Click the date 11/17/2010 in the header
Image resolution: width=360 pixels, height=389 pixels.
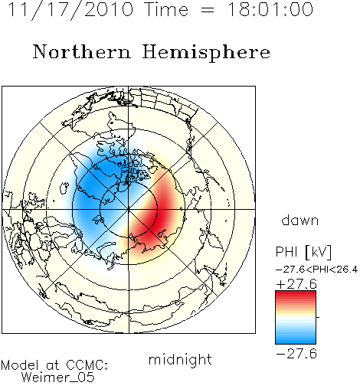coord(71,9)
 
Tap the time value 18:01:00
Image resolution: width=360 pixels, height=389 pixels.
coord(270,9)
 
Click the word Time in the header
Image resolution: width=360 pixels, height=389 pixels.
coord(166,9)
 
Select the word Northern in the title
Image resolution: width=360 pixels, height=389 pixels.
coord(82,51)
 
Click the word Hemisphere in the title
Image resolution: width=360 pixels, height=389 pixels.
coord(206,53)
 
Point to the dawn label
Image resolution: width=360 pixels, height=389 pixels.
coord(300,220)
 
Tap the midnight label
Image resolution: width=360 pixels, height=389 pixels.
coord(180,360)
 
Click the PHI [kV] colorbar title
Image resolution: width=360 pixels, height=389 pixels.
coord(303,252)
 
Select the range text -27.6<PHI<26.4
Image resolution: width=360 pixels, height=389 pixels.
coord(316,270)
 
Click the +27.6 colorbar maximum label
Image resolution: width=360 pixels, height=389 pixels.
coord(296,284)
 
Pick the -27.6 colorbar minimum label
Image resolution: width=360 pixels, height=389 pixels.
coord(296,354)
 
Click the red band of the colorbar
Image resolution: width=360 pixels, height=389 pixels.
coord(296,297)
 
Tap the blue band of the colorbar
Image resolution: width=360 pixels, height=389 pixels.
coord(296,337)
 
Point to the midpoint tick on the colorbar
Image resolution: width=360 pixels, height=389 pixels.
coord(318,317)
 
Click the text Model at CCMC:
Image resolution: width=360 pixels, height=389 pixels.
coord(54,365)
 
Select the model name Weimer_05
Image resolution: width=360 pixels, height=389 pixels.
coord(58,377)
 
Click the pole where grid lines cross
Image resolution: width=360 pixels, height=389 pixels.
coord(129,209)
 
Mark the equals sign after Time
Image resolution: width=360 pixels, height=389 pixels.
coord(207,11)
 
